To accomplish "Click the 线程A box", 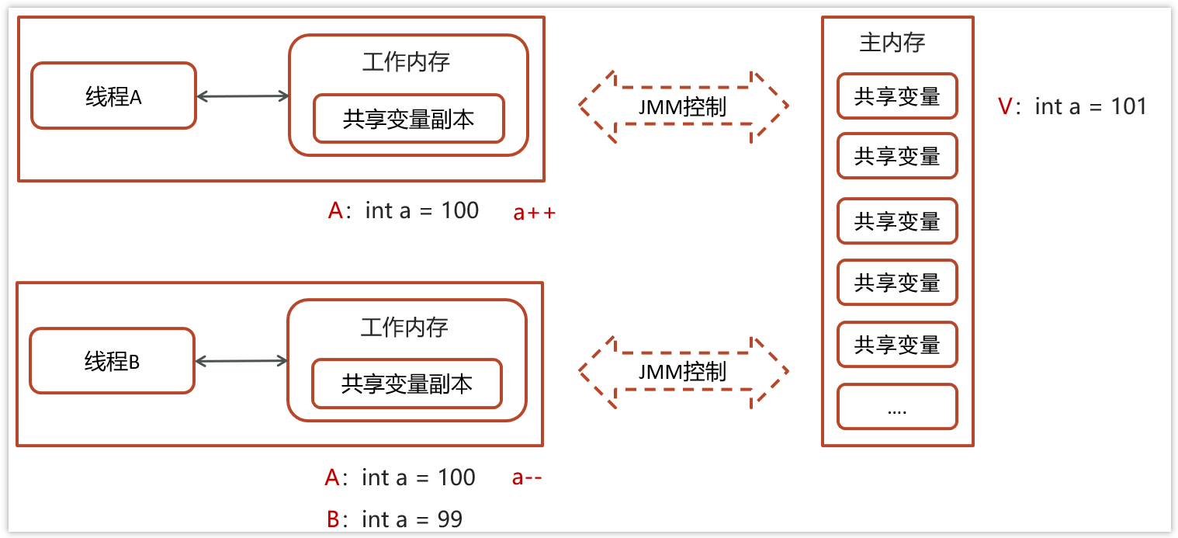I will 113,95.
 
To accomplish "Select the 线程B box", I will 112,361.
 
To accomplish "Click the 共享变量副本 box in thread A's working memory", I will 408,119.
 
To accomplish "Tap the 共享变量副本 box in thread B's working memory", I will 407,384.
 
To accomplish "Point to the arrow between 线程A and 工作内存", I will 242,96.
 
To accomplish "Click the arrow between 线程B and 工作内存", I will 241,361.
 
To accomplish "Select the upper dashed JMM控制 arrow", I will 683,106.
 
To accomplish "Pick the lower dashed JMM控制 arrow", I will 683,371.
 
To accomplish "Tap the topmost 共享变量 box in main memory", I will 897,96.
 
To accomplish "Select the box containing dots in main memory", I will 897,408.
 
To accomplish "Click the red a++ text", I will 535,213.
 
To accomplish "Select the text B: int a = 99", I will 395,519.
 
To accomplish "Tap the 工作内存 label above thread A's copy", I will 406,62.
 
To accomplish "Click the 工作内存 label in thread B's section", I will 404,327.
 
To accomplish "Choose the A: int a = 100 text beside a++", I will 404,210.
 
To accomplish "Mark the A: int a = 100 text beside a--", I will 400,477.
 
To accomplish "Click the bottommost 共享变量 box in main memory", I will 897,345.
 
